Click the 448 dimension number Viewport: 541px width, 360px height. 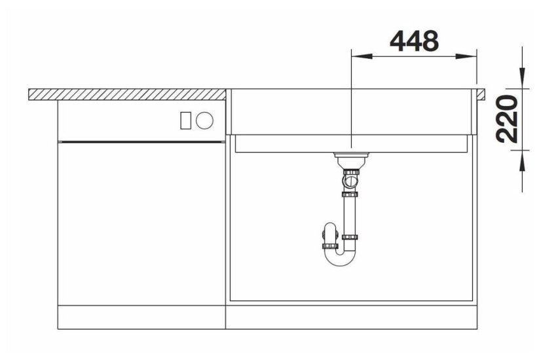[414, 41]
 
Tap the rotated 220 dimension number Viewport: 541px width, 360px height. [507, 118]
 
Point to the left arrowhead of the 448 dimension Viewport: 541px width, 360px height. [362, 56]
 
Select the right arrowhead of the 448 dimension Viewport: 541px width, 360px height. [466, 56]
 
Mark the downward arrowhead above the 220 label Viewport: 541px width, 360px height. [523, 78]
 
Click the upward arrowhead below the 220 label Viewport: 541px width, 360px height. [523, 160]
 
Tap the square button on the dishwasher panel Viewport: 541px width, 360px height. [185, 120]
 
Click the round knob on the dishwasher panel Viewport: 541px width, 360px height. [204, 120]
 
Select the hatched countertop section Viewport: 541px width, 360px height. [127, 94]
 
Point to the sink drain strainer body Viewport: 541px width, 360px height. [351, 160]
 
